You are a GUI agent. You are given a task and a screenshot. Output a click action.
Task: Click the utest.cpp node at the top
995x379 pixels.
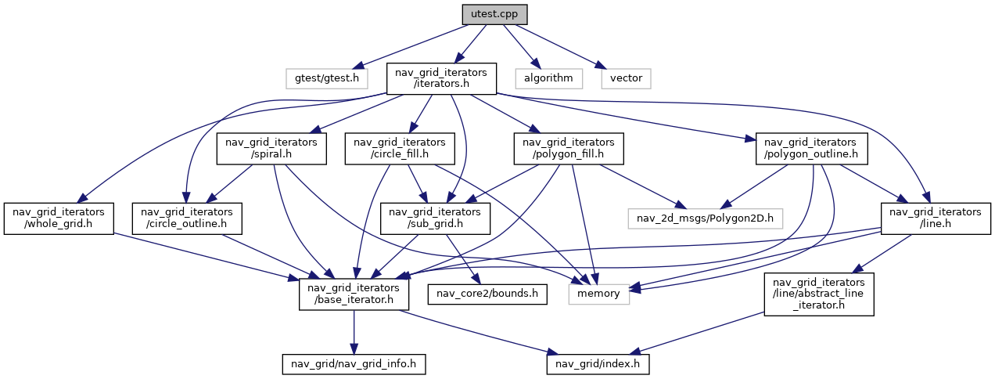pos(494,14)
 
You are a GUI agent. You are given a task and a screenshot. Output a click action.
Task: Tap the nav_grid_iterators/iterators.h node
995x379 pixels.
pos(442,78)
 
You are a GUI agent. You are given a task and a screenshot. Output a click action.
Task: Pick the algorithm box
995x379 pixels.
pos(548,78)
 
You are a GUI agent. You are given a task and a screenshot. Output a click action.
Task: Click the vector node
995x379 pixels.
pos(626,78)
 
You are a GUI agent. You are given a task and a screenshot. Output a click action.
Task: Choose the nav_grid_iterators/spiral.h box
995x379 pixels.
pos(271,149)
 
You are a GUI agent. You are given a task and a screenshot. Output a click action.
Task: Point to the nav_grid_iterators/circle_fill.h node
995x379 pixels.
pos(400,149)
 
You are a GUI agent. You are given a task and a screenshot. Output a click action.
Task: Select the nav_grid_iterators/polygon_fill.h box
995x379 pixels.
pos(569,149)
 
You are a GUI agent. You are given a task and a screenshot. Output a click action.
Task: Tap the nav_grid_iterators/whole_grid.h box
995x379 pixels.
pos(59,218)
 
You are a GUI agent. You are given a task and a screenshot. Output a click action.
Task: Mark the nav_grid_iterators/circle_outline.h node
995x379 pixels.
pos(187,218)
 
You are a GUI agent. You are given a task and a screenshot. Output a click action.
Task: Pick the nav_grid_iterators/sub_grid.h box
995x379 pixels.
pos(435,218)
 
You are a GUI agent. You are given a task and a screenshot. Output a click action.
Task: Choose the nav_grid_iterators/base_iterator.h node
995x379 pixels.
pos(355,294)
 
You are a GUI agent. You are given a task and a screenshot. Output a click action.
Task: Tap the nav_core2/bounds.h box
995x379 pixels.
pos(486,294)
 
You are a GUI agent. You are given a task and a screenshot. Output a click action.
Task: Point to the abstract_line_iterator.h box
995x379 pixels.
pos(819,294)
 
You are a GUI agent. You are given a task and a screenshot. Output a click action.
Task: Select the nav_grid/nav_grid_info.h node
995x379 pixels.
pos(354,364)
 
